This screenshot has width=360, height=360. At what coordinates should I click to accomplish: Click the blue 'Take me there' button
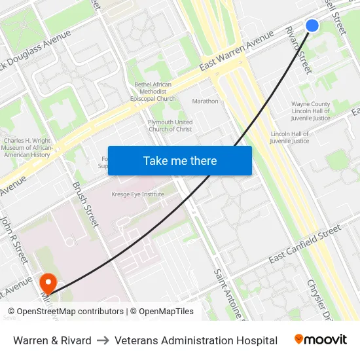pos(180,160)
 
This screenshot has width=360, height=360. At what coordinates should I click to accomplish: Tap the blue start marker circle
pos(312,26)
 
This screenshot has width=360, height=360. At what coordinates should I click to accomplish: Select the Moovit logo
pos(320,340)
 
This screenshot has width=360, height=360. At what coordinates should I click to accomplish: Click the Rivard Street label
pos(298,50)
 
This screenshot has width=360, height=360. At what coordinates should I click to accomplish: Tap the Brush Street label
pos(86,204)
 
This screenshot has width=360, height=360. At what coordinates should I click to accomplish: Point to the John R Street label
pos(14,240)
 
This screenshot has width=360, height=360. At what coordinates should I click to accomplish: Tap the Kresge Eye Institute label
pos(137,194)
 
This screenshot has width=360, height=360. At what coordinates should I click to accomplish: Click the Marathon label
pos(206,101)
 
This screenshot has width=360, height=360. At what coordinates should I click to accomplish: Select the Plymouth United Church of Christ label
pos(170,126)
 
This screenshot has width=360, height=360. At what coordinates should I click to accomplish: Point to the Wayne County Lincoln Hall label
pos(311,111)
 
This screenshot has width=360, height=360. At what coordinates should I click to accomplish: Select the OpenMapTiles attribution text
pos(164,312)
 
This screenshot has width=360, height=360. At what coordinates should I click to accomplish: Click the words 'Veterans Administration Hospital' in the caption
pos(196,340)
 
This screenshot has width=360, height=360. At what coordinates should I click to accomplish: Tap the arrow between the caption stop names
pos(103,340)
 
